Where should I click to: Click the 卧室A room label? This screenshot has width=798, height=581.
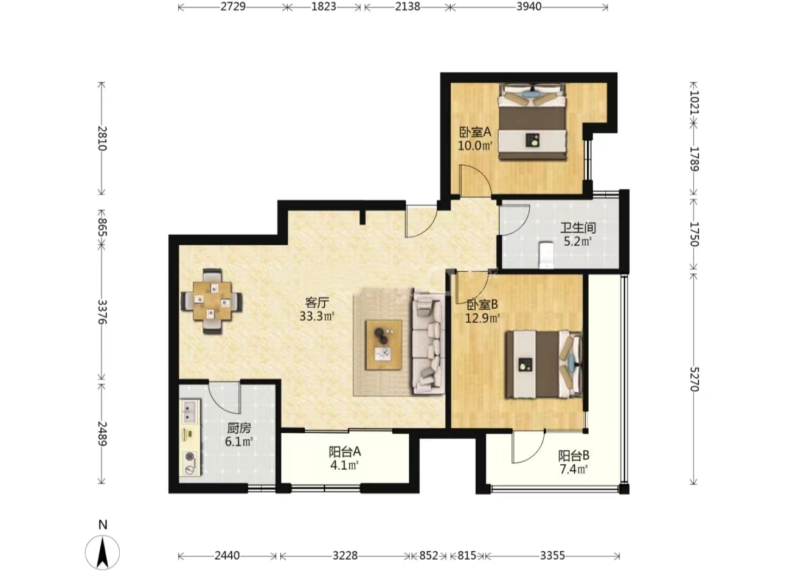(475, 133)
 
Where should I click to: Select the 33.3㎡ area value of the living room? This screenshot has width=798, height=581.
(317, 316)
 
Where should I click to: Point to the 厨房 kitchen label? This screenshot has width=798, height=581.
(239, 428)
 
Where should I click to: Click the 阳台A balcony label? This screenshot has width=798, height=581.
(344, 452)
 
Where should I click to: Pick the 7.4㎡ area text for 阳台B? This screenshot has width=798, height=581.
(573, 469)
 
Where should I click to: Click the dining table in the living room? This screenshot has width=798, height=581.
(212, 301)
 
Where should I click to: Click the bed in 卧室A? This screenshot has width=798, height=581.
(532, 122)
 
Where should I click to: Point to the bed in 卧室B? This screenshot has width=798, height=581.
(544, 364)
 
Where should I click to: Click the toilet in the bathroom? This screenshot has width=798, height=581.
(546, 255)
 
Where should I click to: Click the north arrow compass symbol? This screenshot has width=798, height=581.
(103, 552)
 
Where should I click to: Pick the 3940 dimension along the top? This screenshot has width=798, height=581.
(529, 7)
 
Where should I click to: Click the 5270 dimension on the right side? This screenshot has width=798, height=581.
(695, 379)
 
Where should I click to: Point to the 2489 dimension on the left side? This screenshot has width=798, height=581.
(102, 434)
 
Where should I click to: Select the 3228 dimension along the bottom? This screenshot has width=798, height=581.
(345, 555)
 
